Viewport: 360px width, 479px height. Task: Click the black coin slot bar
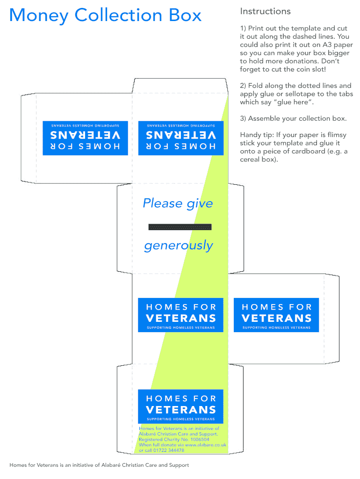coord(180,227)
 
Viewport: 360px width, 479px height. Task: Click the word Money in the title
coord(39,15)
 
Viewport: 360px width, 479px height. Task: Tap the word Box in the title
coord(185,15)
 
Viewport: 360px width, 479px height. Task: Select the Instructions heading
coord(265,11)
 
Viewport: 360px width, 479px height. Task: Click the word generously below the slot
coord(178,246)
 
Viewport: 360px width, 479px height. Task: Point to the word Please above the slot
coord(163,203)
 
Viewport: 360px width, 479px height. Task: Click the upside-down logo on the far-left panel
coord(85,138)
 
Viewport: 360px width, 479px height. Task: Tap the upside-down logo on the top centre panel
coord(181,138)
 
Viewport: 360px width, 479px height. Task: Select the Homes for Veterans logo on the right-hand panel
coord(276,315)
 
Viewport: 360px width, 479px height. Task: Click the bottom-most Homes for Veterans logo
coord(181,406)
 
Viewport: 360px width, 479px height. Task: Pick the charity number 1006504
coord(200,439)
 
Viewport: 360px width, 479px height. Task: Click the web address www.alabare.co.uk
coord(206,445)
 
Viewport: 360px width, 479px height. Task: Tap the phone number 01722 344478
coord(169,450)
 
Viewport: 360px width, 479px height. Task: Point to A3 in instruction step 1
coord(327,44)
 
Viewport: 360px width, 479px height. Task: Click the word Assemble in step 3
coord(263,118)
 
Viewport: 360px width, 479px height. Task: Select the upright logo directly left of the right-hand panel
coord(181,315)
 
